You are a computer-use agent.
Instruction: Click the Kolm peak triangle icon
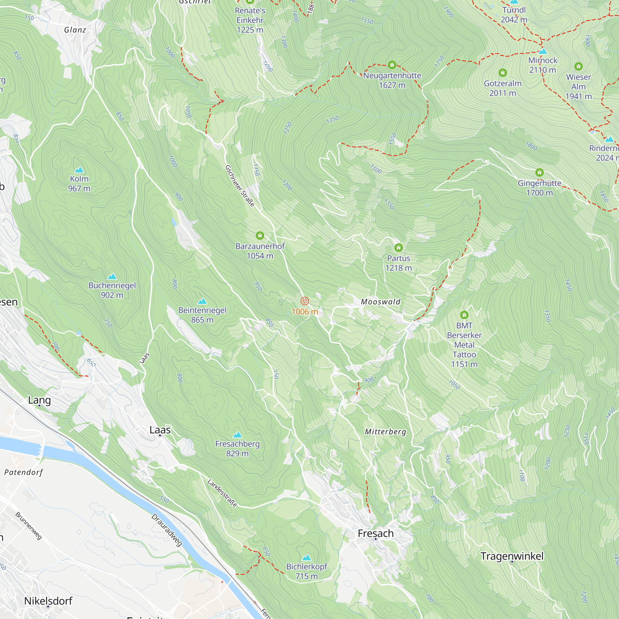click(x=79, y=170)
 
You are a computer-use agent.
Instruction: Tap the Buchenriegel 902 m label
click(x=112, y=290)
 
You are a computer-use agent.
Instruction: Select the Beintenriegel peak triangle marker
click(x=202, y=301)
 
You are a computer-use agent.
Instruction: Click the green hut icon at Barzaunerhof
click(x=260, y=236)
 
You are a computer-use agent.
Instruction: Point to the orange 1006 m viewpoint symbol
click(x=305, y=301)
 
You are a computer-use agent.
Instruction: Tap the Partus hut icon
click(x=398, y=248)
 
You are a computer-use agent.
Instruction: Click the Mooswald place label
click(x=380, y=302)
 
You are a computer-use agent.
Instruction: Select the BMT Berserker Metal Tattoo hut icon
click(x=464, y=315)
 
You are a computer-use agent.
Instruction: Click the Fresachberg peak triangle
click(x=237, y=435)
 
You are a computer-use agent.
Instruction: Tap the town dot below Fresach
click(x=375, y=539)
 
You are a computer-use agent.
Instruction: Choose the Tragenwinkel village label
click(x=512, y=556)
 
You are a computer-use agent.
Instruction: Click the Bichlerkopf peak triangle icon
click(x=307, y=557)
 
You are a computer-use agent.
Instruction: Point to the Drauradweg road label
click(x=167, y=530)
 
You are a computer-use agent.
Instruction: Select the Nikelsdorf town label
click(x=48, y=601)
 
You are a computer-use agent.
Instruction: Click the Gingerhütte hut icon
click(x=539, y=173)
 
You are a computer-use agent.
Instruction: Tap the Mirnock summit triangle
click(x=543, y=51)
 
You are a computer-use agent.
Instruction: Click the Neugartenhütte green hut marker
click(x=392, y=65)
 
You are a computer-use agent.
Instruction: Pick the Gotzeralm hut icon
click(x=502, y=73)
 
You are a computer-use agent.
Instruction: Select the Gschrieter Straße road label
click(x=240, y=186)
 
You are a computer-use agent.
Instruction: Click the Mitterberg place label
click(x=385, y=432)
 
